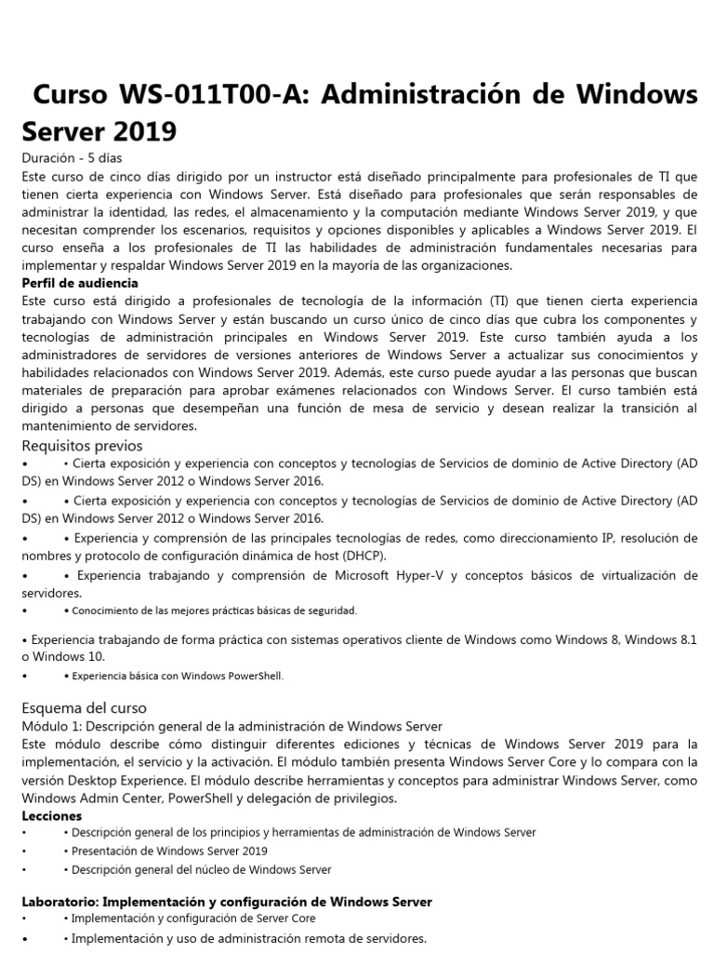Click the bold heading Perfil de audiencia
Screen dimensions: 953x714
coord(80,283)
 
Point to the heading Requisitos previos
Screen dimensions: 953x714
coord(82,445)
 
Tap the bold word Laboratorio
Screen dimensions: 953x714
coord(59,902)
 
